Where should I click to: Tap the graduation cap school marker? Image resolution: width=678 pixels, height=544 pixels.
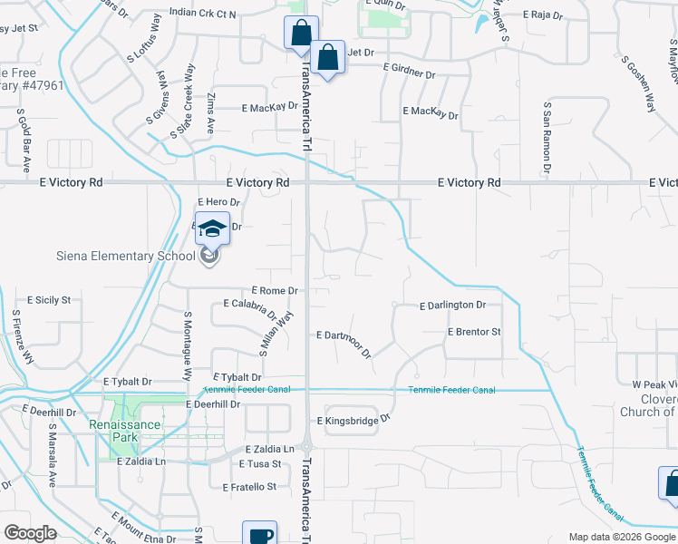211,228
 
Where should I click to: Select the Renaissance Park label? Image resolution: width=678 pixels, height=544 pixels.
124,424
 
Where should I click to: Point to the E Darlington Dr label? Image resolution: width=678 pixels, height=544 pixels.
452,306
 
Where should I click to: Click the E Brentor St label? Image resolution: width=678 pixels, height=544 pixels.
474,332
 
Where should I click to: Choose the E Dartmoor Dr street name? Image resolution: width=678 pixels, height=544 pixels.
344,340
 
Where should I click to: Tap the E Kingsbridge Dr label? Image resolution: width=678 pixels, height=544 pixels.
353,420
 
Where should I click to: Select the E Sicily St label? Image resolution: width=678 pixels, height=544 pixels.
54,298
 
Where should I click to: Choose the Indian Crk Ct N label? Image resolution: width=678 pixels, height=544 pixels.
202,14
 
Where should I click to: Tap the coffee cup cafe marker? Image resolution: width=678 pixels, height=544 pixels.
259,534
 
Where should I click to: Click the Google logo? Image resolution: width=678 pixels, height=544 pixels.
30,533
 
